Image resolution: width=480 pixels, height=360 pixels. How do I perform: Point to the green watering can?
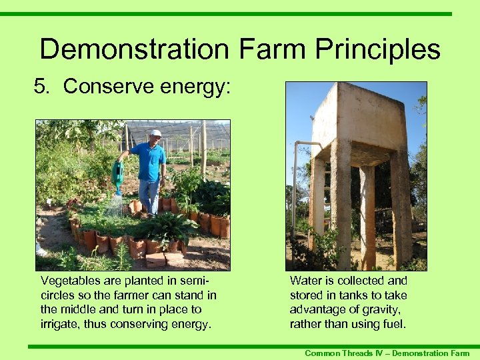[118, 177]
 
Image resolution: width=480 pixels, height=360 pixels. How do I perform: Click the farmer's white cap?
[155, 133]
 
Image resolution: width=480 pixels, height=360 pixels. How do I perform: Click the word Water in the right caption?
[305, 281]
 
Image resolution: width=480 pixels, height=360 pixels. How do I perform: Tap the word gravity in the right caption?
[383, 309]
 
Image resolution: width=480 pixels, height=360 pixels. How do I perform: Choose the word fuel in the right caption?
[394, 323]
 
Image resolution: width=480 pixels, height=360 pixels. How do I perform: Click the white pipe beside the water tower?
[295, 193]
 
